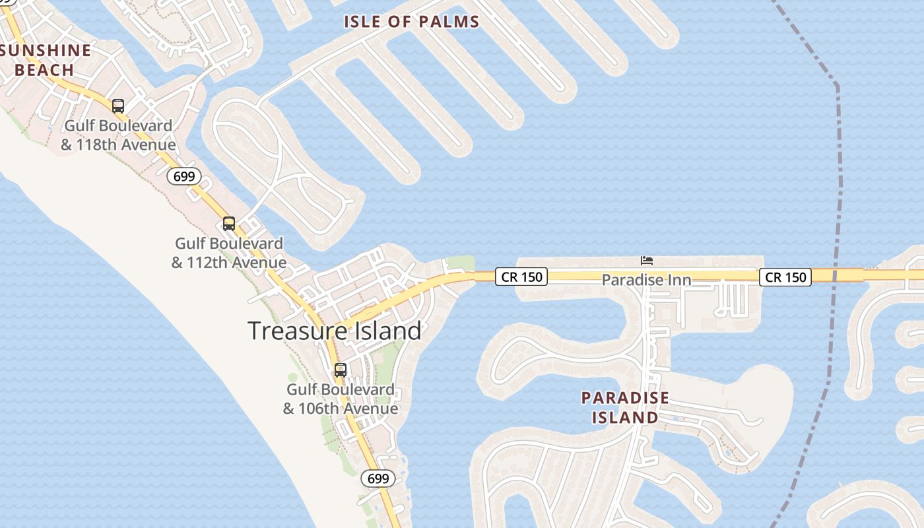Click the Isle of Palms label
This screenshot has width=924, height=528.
411,22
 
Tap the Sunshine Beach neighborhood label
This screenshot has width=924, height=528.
45,60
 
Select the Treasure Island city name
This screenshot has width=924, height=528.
334,331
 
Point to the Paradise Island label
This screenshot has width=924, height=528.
625,408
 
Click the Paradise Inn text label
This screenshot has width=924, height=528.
646,280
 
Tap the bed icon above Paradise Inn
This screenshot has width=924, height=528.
647,261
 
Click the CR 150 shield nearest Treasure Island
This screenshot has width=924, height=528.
521,277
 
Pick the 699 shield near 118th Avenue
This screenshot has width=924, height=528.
183,176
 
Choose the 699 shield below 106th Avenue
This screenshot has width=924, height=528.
378,478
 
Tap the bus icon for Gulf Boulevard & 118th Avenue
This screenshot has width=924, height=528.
118,106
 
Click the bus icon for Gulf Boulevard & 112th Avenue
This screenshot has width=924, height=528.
229,224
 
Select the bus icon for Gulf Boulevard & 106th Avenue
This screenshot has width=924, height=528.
341,370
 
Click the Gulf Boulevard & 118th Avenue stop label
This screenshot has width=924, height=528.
119,135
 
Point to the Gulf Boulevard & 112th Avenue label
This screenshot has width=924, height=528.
229,253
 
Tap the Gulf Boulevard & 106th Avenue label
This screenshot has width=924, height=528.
341,399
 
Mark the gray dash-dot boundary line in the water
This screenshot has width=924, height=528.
840,165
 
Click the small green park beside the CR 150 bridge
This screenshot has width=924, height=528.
460,263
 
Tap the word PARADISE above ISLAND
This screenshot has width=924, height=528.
625,398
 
